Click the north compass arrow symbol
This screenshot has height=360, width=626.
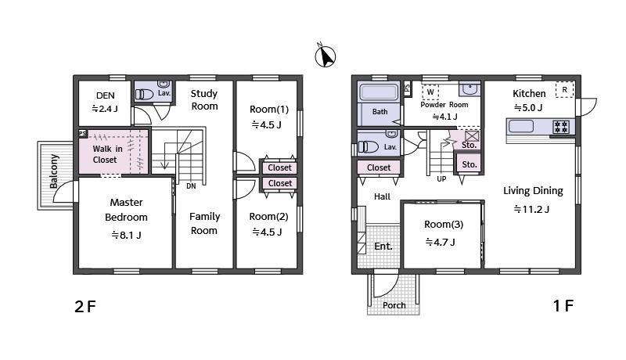[326, 55]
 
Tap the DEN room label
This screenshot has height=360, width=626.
[106, 95]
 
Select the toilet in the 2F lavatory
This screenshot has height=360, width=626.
[144, 94]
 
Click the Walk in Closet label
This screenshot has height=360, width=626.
[107, 154]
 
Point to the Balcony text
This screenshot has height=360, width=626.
[54, 171]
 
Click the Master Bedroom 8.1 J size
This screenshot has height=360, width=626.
[126, 235]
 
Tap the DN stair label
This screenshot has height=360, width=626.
[191, 186]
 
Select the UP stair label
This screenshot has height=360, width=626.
[441, 178]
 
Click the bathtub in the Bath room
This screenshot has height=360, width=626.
[379, 92]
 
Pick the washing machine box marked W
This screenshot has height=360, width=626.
[430, 92]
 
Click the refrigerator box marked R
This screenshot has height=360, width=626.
[564, 90]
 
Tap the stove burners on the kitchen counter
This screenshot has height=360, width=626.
[560, 127]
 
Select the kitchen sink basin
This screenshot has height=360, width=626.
[521, 126]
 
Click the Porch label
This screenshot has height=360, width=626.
[394, 305]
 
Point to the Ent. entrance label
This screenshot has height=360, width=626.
[383, 247]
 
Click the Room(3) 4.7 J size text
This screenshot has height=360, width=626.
[440, 243]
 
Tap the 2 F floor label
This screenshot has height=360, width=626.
[85, 307]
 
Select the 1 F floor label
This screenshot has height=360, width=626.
[563, 306]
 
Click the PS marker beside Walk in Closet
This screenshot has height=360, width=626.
[83, 134]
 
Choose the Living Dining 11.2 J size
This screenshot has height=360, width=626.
[531, 209]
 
